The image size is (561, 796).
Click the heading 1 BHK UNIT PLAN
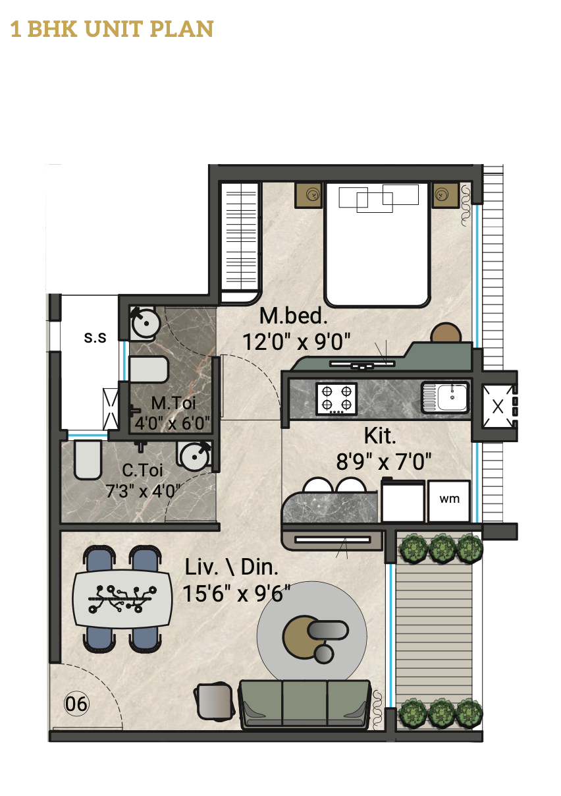[112, 29]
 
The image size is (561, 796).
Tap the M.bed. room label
[293, 316]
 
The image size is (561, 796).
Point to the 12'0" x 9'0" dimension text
[296, 341]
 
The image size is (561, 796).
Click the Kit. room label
[380, 436]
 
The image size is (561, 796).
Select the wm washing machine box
[449, 501]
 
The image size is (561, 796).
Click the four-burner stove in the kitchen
[336, 399]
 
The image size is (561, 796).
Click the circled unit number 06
[76, 704]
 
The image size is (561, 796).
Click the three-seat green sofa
[305, 704]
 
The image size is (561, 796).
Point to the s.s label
[95, 337]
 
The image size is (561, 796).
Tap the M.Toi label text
[173, 403]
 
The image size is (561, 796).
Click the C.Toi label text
[142, 470]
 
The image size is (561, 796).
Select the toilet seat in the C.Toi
[88, 460]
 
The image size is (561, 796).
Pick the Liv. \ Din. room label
[232, 567]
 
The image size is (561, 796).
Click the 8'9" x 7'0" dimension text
[383, 461]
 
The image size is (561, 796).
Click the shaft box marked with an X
[498, 407]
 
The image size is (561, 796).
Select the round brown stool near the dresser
[446, 332]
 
